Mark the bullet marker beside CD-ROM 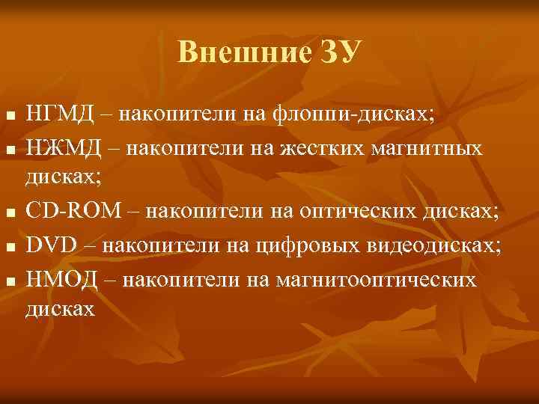pyautogui.click(x=8, y=213)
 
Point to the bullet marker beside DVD pyautogui.click(x=8, y=245)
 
